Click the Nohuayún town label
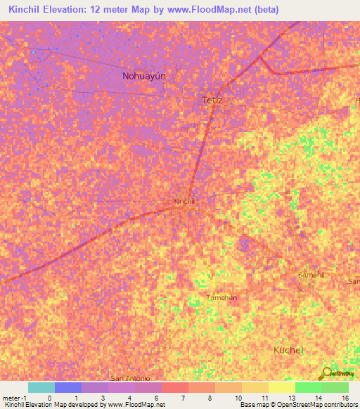pyautogui.click(x=148, y=76)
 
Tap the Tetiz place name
pyautogui.click(x=212, y=100)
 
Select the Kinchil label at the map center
pyautogui.click(x=184, y=201)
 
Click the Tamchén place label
pyautogui.click(x=221, y=297)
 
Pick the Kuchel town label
pyautogui.click(x=288, y=349)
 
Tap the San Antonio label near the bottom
pyautogui.click(x=127, y=377)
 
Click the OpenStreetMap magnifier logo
pyautogui.click(x=326, y=374)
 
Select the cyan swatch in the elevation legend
pyautogui.click(x=41, y=387)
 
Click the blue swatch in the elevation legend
pyautogui.click(x=67, y=387)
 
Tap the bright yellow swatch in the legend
pyautogui.click(x=281, y=387)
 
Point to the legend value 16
pyautogui.click(x=345, y=397)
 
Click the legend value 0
pyautogui.click(x=49, y=397)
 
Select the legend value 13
pyautogui.click(x=290, y=397)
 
